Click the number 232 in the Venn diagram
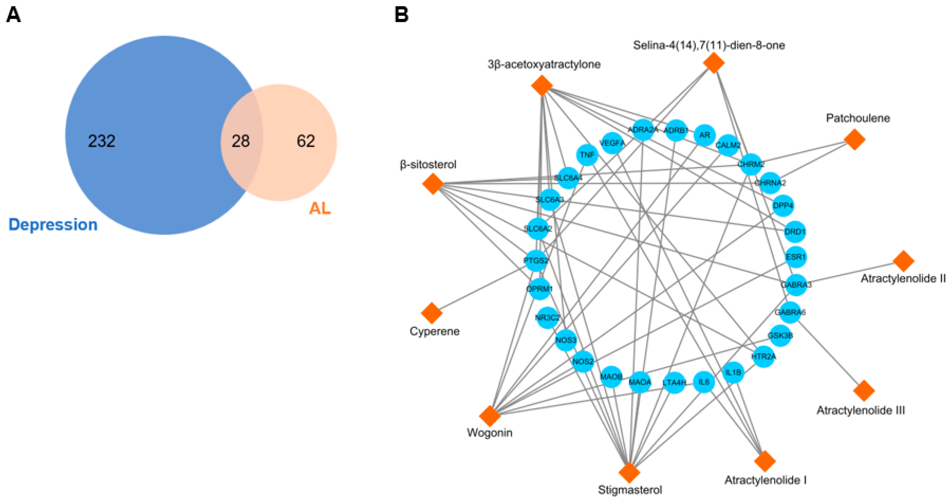coord(102,141)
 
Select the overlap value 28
coord(241,141)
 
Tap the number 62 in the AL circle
coord(306,141)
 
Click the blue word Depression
coord(53,225)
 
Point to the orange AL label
coord(320,208)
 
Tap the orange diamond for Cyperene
coord(432,313)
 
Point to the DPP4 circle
coord(783,205)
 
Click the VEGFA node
coord(612,143)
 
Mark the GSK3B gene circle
coord(780,336)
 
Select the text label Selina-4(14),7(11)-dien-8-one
coord(709,45)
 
